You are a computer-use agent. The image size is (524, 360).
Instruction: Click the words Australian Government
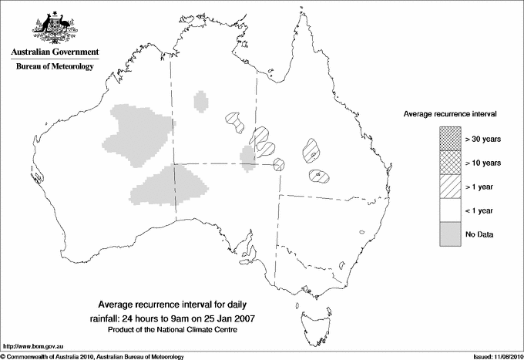point(54,53)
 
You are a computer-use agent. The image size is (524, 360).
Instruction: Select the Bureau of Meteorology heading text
point(54,67)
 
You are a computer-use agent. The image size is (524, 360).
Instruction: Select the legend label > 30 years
point(482,139)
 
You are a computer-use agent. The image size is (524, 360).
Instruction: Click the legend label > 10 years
point(482,163)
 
